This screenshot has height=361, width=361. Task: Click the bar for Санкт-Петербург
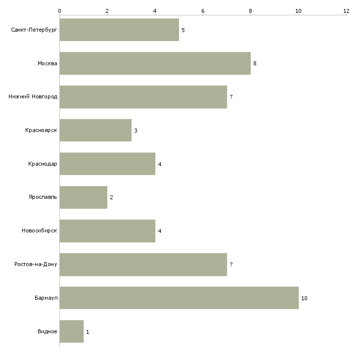[x=119, y=30]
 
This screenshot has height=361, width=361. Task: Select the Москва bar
[x=155, y=63]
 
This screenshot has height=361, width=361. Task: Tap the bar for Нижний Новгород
[x=143, y=97]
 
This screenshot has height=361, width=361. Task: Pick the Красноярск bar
[x=95, y=131]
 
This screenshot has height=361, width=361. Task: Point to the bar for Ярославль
[x=84, y=197]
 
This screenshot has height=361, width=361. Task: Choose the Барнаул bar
[x=179, y=298]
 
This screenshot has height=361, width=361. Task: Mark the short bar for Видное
[x=72, y=331]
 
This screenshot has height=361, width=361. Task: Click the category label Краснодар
[x=43, y=164]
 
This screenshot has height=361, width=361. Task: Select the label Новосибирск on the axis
[x=39, y=231]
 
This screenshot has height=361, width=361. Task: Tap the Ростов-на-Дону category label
[x=36, y=265]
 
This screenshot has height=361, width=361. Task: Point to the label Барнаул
[x=46, y=298]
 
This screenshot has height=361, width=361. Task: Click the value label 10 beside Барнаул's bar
[x=304, y=298]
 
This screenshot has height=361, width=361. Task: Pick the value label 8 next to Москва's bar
[x=255, y=64]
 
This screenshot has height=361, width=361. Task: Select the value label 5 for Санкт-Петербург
[x=183, y=30]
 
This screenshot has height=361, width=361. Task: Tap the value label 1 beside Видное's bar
[x=88, y=332]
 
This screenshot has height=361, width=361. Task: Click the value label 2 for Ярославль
[x=111, y=198]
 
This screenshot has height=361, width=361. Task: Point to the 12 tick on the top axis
[x=346, y=10]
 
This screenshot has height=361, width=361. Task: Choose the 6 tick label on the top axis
[x=203, y=10]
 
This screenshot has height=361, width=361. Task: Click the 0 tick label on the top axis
[x=59, y=10]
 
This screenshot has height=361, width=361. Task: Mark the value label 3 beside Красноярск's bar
[x=135, y=131]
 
